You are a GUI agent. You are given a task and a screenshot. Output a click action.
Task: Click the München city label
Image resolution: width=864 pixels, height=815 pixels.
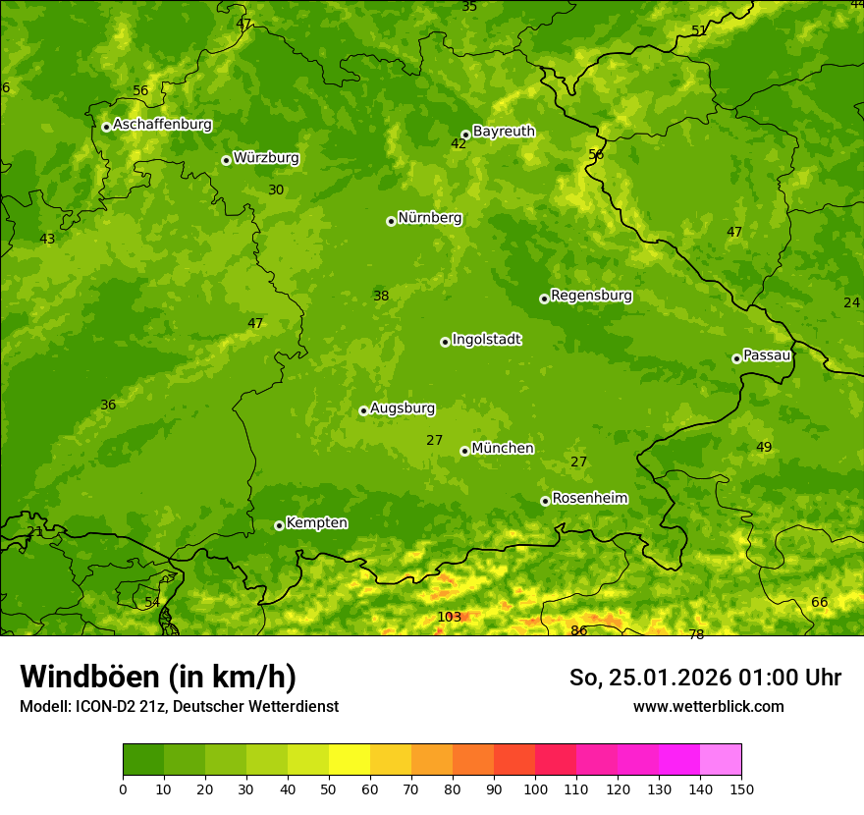tap(503, 449)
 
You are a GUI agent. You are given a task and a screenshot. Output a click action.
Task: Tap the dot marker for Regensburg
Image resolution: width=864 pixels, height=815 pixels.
tap(544, 299)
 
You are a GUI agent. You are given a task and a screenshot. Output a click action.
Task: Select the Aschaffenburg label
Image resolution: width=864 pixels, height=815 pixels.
tap(162, 125)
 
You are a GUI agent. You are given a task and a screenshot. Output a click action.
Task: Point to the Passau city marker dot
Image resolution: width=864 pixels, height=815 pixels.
tap(736, 358)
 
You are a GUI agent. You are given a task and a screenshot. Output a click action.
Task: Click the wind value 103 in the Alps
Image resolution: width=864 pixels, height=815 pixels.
tap(449, 617)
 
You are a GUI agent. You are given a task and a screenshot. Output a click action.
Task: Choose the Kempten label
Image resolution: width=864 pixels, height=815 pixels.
tap(316, 523)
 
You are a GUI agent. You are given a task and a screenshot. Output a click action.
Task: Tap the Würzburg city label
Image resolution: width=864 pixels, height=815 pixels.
tap(266, 158)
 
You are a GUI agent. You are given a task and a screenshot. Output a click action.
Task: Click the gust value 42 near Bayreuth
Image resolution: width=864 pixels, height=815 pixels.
tap(459, 143)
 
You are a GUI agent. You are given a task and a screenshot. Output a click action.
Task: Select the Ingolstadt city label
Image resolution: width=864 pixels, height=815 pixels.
tap(486, 340)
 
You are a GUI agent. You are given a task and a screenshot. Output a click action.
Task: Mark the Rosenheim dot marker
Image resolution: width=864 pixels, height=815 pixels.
tap(545, 501)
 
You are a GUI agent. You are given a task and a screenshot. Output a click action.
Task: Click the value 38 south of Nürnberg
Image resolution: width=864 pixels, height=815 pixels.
tap(381, 296)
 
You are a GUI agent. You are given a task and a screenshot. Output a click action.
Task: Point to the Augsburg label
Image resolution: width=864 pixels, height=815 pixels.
tap(403, 408)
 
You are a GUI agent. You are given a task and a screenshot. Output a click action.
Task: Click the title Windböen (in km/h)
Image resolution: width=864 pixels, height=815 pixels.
tap(158, 677)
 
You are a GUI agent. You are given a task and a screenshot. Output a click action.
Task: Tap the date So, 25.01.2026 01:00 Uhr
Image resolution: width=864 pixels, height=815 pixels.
tap(705, 678)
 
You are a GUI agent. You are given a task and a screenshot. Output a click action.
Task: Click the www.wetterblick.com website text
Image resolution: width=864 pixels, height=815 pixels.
tap(708, 706)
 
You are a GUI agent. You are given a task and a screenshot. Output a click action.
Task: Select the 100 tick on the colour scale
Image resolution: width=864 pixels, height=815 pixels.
tap(535, 788)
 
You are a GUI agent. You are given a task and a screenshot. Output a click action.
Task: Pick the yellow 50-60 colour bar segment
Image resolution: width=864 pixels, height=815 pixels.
tap(350, 759)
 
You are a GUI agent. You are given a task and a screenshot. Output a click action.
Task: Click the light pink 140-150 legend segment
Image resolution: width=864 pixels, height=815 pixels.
tap(721, 759)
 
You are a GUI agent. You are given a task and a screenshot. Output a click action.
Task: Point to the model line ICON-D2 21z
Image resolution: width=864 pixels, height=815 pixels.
tap(179, 706)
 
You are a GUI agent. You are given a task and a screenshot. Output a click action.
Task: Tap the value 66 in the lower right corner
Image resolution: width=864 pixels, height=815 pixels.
tap(819, 602)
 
